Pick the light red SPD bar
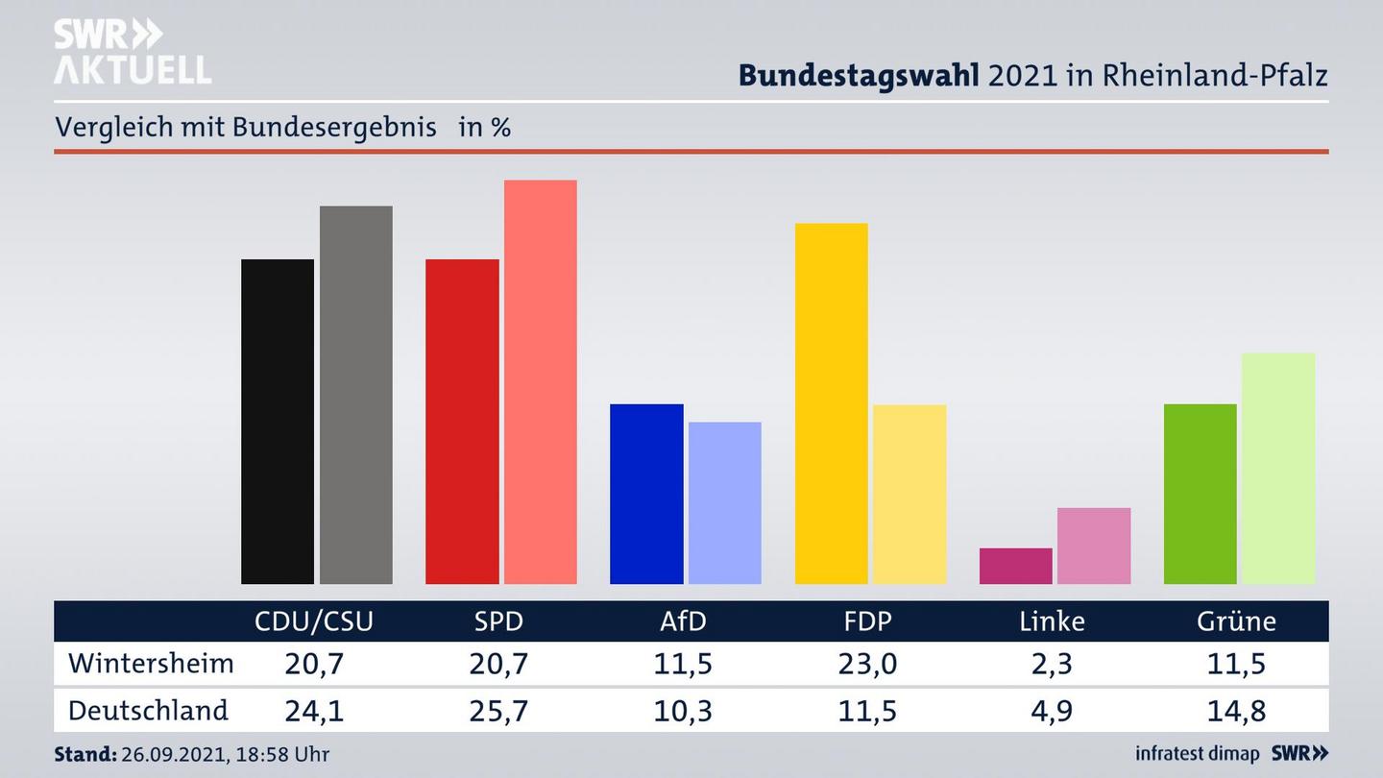pos(540,381)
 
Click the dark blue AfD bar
pos(646,494)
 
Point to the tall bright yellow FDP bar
pos(831,403)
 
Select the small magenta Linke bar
pos(1015,566)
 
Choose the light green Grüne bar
pos(1277,468)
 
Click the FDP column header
pos(867,621)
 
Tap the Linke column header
pos(1052,621)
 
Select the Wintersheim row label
pos(151,664)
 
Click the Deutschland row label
pos(148,711)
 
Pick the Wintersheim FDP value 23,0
pos(867,664)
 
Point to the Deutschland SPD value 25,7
pos(499,711)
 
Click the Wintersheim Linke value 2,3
pos(1052,664)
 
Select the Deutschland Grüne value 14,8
pos(1236,711)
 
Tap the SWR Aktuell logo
pos(132,52)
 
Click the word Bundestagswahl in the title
pos(859,75)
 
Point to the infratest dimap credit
pos(1198,754)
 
